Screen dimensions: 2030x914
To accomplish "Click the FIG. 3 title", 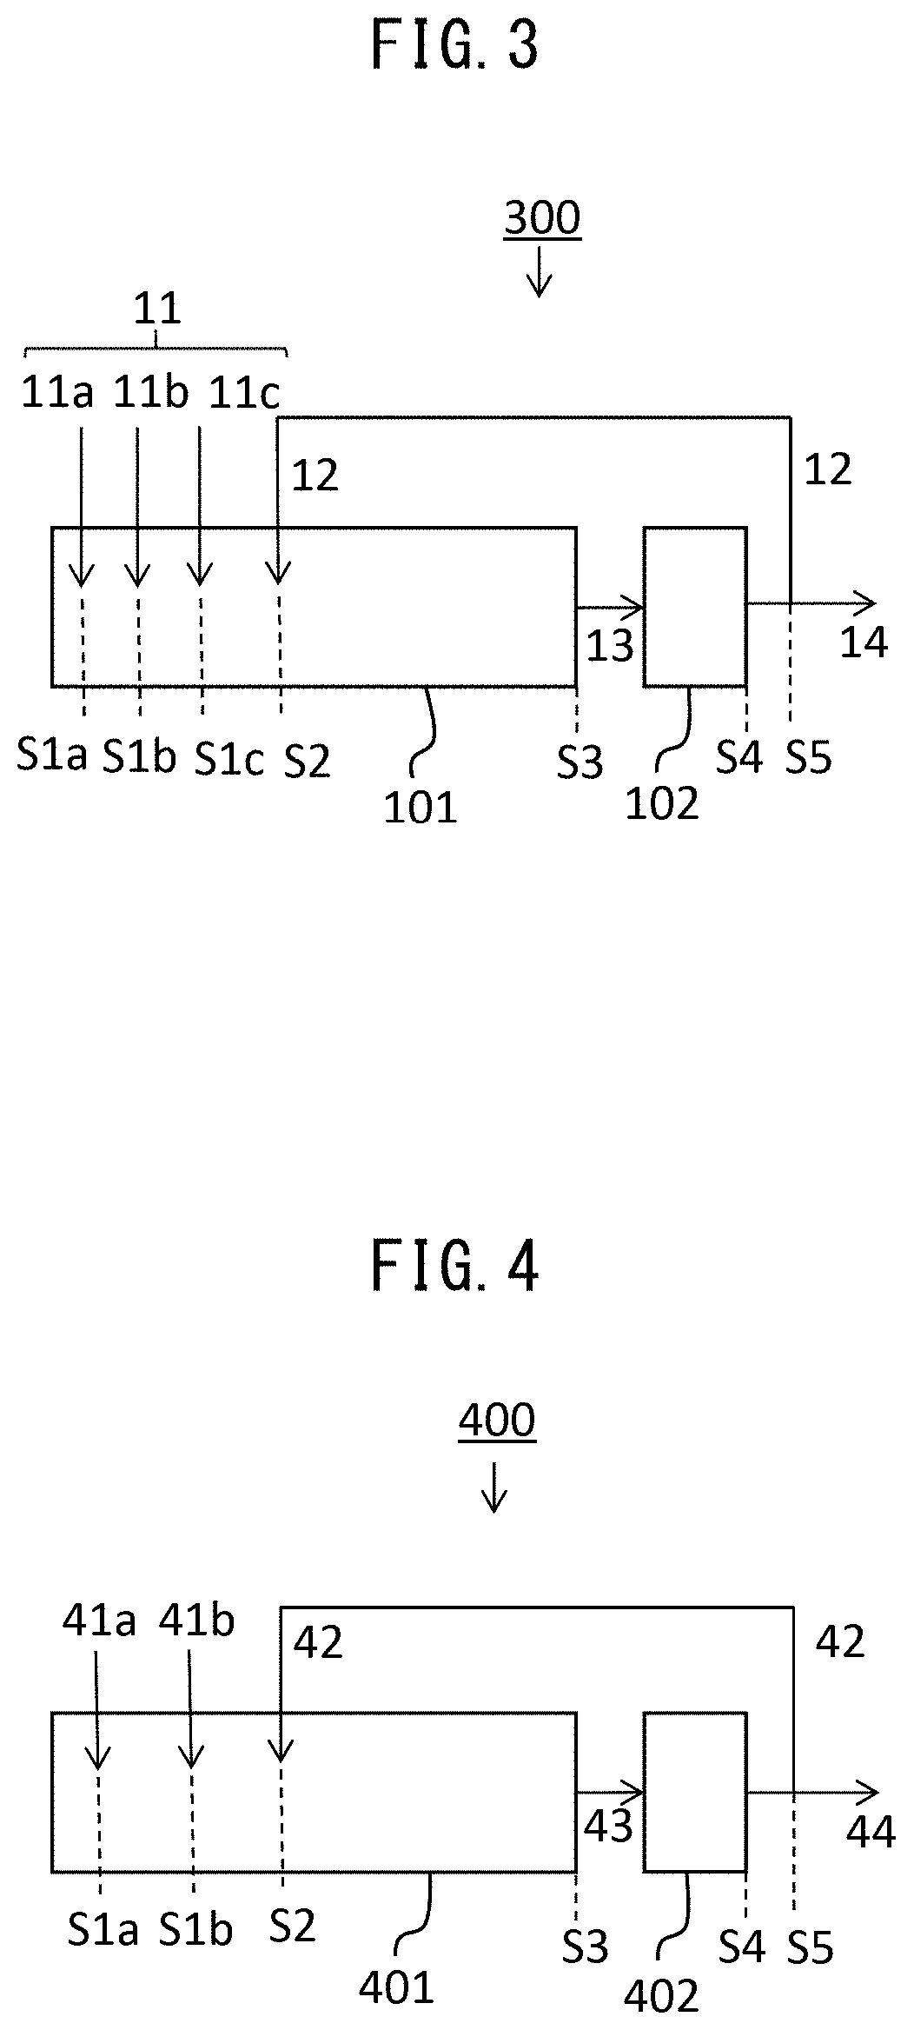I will click(x=455, y=46).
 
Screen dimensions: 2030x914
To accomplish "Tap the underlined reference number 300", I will click(x=542, y=218).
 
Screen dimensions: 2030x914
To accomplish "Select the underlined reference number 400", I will click(x=497, y=1421).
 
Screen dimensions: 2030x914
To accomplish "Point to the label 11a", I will click(x=57, y=394).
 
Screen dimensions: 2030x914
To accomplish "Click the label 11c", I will click(x=245, y=394).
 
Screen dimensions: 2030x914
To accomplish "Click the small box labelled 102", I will click(x=694, y=606).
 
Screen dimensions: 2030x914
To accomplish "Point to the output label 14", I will click(x=864, y=642).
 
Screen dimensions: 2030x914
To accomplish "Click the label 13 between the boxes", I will click(x=610, y=645).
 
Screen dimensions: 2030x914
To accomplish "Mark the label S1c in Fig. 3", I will click(x=228, y=759).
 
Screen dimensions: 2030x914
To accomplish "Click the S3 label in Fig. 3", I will click(x=580, y=763).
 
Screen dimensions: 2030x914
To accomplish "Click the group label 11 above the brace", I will click(x=157, y=309).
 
